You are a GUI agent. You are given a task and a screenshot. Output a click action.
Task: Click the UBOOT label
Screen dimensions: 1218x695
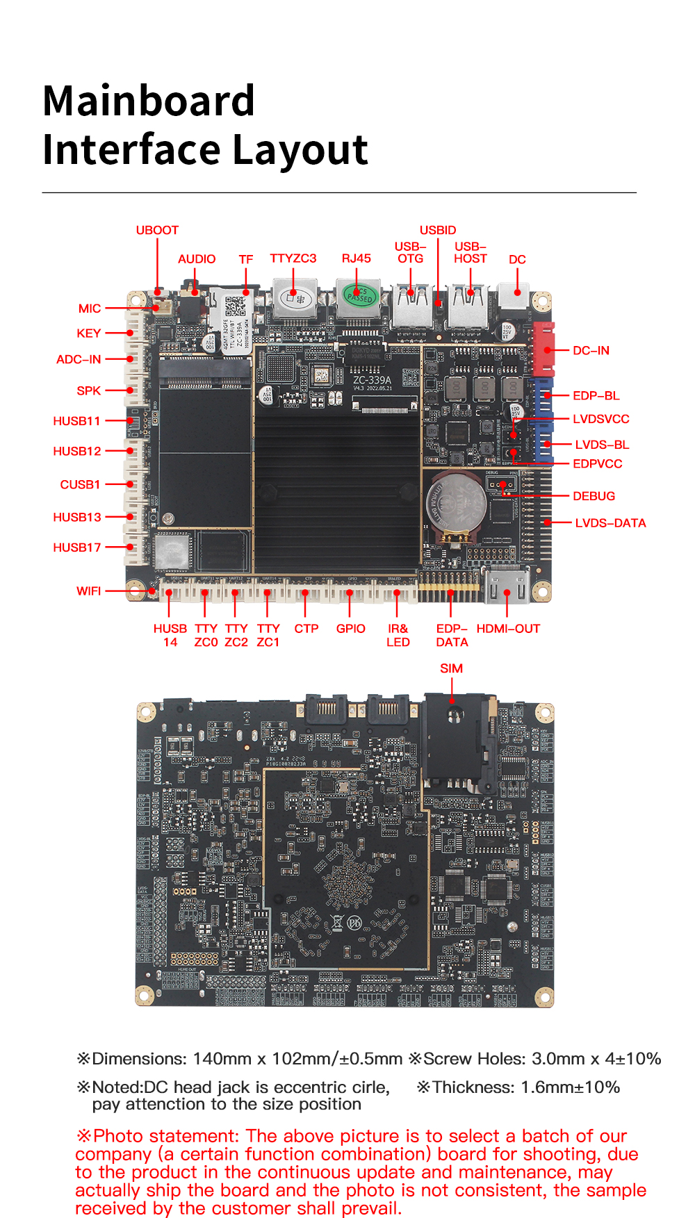157,230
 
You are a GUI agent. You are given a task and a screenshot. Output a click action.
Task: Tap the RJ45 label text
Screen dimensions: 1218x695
356,258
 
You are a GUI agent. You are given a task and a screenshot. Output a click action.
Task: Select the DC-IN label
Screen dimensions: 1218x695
591,350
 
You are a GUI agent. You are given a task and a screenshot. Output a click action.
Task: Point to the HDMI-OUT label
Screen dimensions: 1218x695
508,628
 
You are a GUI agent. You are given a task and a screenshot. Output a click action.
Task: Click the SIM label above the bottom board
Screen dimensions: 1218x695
451,668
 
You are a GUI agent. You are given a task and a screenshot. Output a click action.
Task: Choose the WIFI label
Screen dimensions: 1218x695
88,591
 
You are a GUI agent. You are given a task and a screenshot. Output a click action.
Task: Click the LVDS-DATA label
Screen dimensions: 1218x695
610,522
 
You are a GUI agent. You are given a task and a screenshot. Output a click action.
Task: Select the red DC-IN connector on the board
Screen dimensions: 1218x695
543,349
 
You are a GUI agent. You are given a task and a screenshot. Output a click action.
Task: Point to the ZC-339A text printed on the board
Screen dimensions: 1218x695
372,380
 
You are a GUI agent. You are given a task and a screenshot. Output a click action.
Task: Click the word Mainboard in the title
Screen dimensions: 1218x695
149,101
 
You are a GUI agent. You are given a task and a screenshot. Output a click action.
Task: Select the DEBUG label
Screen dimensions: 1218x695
594,496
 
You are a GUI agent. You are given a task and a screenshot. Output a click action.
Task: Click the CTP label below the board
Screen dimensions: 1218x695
306,628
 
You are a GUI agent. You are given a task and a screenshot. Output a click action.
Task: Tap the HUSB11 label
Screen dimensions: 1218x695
76,420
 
